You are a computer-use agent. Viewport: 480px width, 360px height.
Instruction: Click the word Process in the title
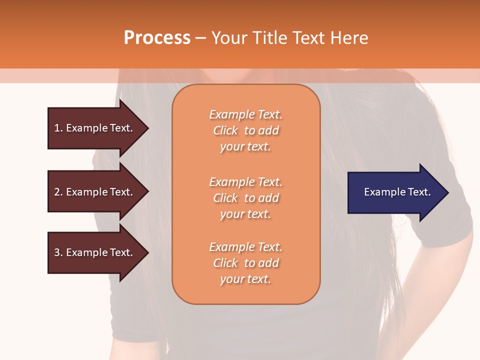coord(157,38)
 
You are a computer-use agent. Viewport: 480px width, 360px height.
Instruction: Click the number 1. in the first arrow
coord(58,128)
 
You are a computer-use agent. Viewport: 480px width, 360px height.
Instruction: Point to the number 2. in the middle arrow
coord(58,192)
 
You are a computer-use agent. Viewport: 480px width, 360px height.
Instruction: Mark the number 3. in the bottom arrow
coord(58,252)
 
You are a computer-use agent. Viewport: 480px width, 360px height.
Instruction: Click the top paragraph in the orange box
coord(245,130)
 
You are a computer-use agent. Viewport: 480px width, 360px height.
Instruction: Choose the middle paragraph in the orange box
coord(245,198)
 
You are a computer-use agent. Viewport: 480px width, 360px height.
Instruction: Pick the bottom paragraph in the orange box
coord(245,263)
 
